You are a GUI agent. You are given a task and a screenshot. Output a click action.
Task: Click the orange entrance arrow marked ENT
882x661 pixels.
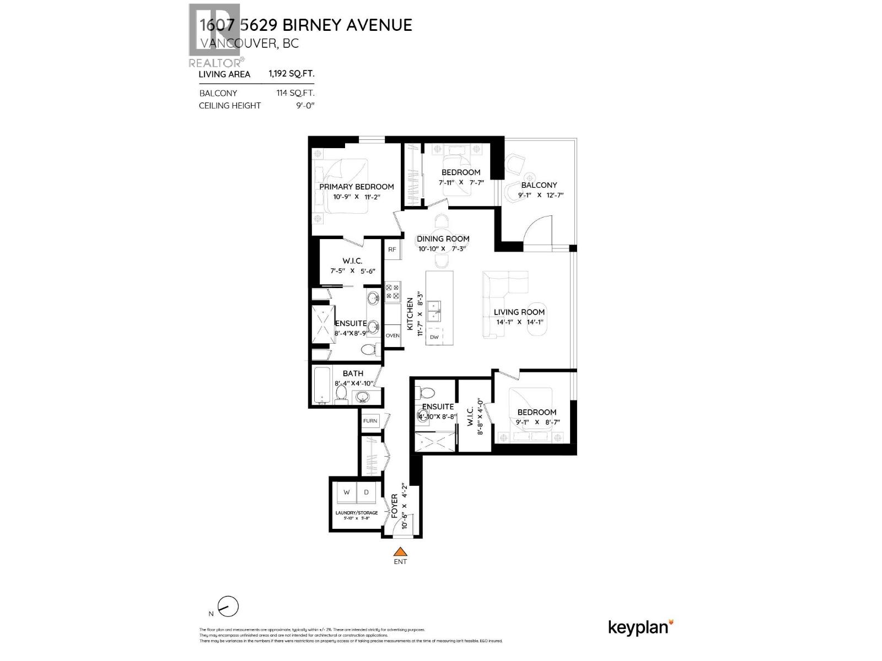click(400, 551)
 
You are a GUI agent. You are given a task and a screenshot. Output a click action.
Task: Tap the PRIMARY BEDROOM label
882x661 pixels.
click(356, 187)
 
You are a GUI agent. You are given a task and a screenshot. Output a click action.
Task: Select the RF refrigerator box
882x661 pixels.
click(392, 250)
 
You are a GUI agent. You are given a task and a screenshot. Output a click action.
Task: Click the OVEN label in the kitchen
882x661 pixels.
click(392, 335)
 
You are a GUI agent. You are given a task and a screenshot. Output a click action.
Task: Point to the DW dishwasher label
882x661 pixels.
click(434, 337)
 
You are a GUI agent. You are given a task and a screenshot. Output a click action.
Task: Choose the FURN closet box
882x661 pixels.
click(370, 421)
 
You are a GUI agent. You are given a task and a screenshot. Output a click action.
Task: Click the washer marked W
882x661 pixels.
click(347, 492)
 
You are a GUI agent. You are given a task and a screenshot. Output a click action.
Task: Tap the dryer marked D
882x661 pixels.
click(367, 492)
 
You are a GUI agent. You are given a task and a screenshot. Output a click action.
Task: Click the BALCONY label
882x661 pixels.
click(539, 185)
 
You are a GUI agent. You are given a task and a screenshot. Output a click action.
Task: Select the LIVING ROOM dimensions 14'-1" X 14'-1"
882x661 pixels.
click(519, 322)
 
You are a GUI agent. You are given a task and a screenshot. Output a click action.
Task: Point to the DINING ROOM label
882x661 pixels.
click(443, 239)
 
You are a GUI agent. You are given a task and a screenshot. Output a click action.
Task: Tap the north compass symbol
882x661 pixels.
click(228, 608)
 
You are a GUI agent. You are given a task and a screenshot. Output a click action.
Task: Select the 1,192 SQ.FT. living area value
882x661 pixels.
click(291, 74)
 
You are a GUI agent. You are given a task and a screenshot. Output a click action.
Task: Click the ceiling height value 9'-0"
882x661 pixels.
click(304, 105)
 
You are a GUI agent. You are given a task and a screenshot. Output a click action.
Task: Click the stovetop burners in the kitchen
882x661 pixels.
click(392, 292)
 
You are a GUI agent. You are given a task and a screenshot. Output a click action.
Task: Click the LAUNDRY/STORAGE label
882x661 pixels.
click(357, 513)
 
